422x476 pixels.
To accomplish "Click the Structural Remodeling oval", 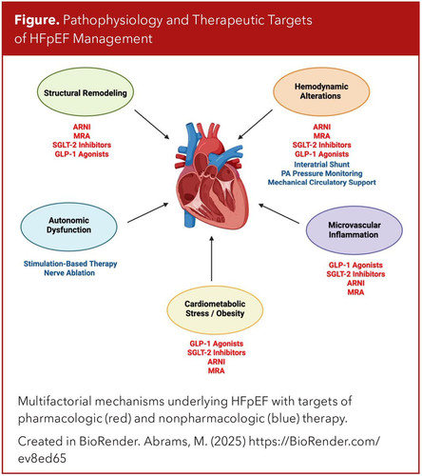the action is tap(86, 92).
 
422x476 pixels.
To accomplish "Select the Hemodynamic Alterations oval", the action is tap(321, 91).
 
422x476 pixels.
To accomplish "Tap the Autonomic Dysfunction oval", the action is tap(69, 227).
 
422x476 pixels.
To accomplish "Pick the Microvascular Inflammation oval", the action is tap(355, 230).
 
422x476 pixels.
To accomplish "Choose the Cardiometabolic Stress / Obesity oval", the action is tap(215, 309).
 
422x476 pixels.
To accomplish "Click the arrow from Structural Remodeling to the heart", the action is tap(152, 124).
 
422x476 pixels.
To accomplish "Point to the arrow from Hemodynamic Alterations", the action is tap(255, 125).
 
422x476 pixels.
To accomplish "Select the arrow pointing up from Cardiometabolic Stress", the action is tap(212, 258).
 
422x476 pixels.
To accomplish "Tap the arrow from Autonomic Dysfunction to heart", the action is tap(148, 212).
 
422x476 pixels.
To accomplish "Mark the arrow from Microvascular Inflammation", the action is tap(278, 213).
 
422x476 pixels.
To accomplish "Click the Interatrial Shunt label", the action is tap(321, 165).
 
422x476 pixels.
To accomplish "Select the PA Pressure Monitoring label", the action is tap(321, 173).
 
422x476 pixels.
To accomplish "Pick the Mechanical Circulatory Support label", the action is tap(322, 183).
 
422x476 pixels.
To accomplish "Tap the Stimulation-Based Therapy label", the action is tap(70, 264).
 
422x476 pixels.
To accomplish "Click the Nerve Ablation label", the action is tap(69, 273).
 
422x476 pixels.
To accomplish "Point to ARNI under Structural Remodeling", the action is tap(82, 127).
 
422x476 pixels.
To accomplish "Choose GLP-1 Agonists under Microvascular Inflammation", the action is tap(355, 265).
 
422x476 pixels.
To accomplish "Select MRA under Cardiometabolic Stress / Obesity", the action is tap(216, 370).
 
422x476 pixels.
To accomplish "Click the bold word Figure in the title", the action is tap(37, 20).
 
